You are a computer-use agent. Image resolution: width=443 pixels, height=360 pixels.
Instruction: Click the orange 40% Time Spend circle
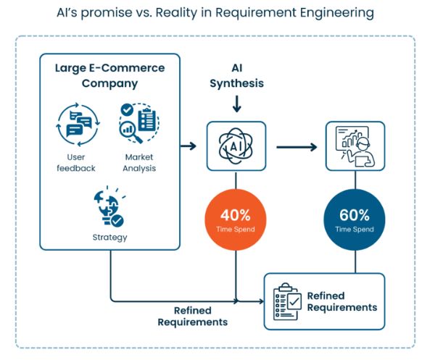[x=236, y=219]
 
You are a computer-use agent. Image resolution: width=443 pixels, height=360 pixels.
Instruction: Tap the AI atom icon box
[x=236, y=146]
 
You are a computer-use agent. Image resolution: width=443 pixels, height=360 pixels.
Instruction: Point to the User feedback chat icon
[x=75, y=123]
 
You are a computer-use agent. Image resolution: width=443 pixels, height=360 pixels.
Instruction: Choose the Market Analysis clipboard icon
[x=139, y=122]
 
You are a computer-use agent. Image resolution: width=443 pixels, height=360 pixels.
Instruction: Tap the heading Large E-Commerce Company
[x=109, y=75]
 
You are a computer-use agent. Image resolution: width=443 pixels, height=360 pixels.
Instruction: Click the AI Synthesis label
[x=236, y=75]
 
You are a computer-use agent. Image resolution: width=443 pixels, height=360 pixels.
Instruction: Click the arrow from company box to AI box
[x=187, y=146]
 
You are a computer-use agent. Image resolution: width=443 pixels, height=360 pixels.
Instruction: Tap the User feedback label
[x=75, y=163]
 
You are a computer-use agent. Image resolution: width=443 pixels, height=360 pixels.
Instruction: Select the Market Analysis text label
[x=139, y=163]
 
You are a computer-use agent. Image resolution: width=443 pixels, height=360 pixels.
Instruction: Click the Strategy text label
[x=109, y=237]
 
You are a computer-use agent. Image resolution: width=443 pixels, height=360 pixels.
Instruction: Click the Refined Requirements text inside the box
[x=341, y=301]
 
